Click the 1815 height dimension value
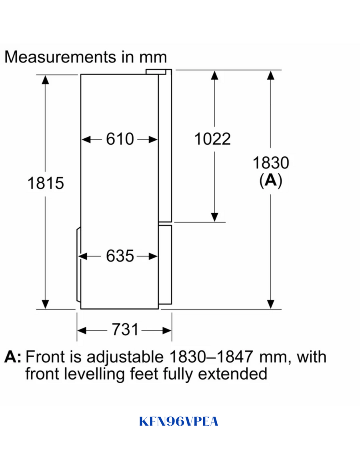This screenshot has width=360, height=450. tap(46, 183)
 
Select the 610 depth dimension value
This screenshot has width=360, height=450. tap(120, 139)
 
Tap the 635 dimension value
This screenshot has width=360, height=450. tap(120, 256)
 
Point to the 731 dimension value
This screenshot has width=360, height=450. tap(125, 330)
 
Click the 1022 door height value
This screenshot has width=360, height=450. tap(212, 139)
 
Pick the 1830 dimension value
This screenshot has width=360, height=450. tap(271, 163)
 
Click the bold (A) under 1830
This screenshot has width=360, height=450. tap(271, 180)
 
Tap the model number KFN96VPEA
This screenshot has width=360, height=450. tap(178, 422)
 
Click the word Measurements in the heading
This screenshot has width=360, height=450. tap(60, 57)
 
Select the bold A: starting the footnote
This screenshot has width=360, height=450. tap(13, 357)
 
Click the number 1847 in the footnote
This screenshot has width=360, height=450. tap(235, 357)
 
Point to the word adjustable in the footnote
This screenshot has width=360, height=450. tap(125, 358)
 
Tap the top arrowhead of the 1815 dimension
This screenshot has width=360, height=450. tap(45, 80)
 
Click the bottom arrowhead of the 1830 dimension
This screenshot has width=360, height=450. tap(271, 304)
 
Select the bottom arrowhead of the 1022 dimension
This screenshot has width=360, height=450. tap(214, 217)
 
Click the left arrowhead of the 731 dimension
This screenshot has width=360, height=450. tap(82, 331)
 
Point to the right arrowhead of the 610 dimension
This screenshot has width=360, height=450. tap(153, 140)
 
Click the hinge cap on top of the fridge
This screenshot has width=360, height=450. tap(156, 72)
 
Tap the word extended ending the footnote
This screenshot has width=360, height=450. tap(232, 374)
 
